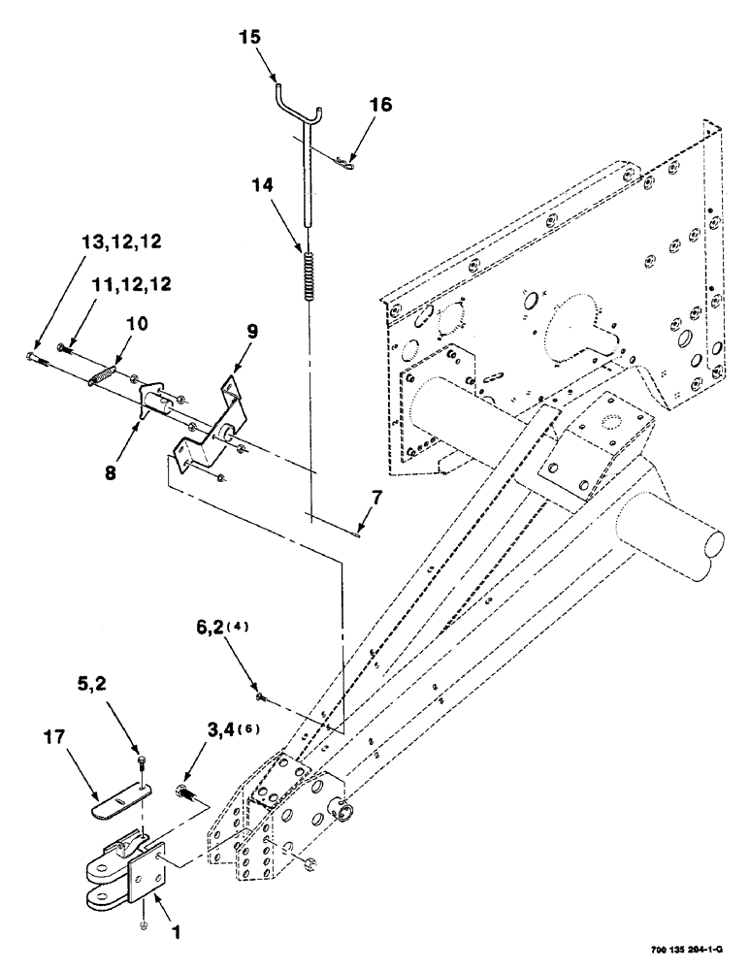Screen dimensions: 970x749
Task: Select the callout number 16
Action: (x=379, y=105)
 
